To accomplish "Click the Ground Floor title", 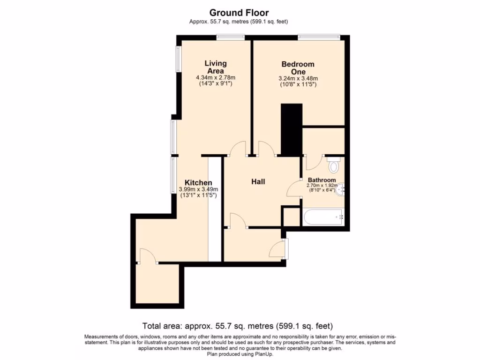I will tap(239, 13).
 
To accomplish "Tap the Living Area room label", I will tap(215, 67).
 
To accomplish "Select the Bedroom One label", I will tap(298, 67).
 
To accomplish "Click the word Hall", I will tap(258, 181).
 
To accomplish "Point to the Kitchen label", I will tap(198, 182).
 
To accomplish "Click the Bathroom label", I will tap(322, 180).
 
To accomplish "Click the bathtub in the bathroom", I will tap(323, 217).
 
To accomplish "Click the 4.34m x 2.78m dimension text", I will tap(215, 77).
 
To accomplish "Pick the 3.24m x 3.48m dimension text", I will tap(298, 78).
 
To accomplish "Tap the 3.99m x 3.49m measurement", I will tap(198, 189).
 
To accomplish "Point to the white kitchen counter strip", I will tap(215, 209).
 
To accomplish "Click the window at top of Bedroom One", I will tap(319, 37).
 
